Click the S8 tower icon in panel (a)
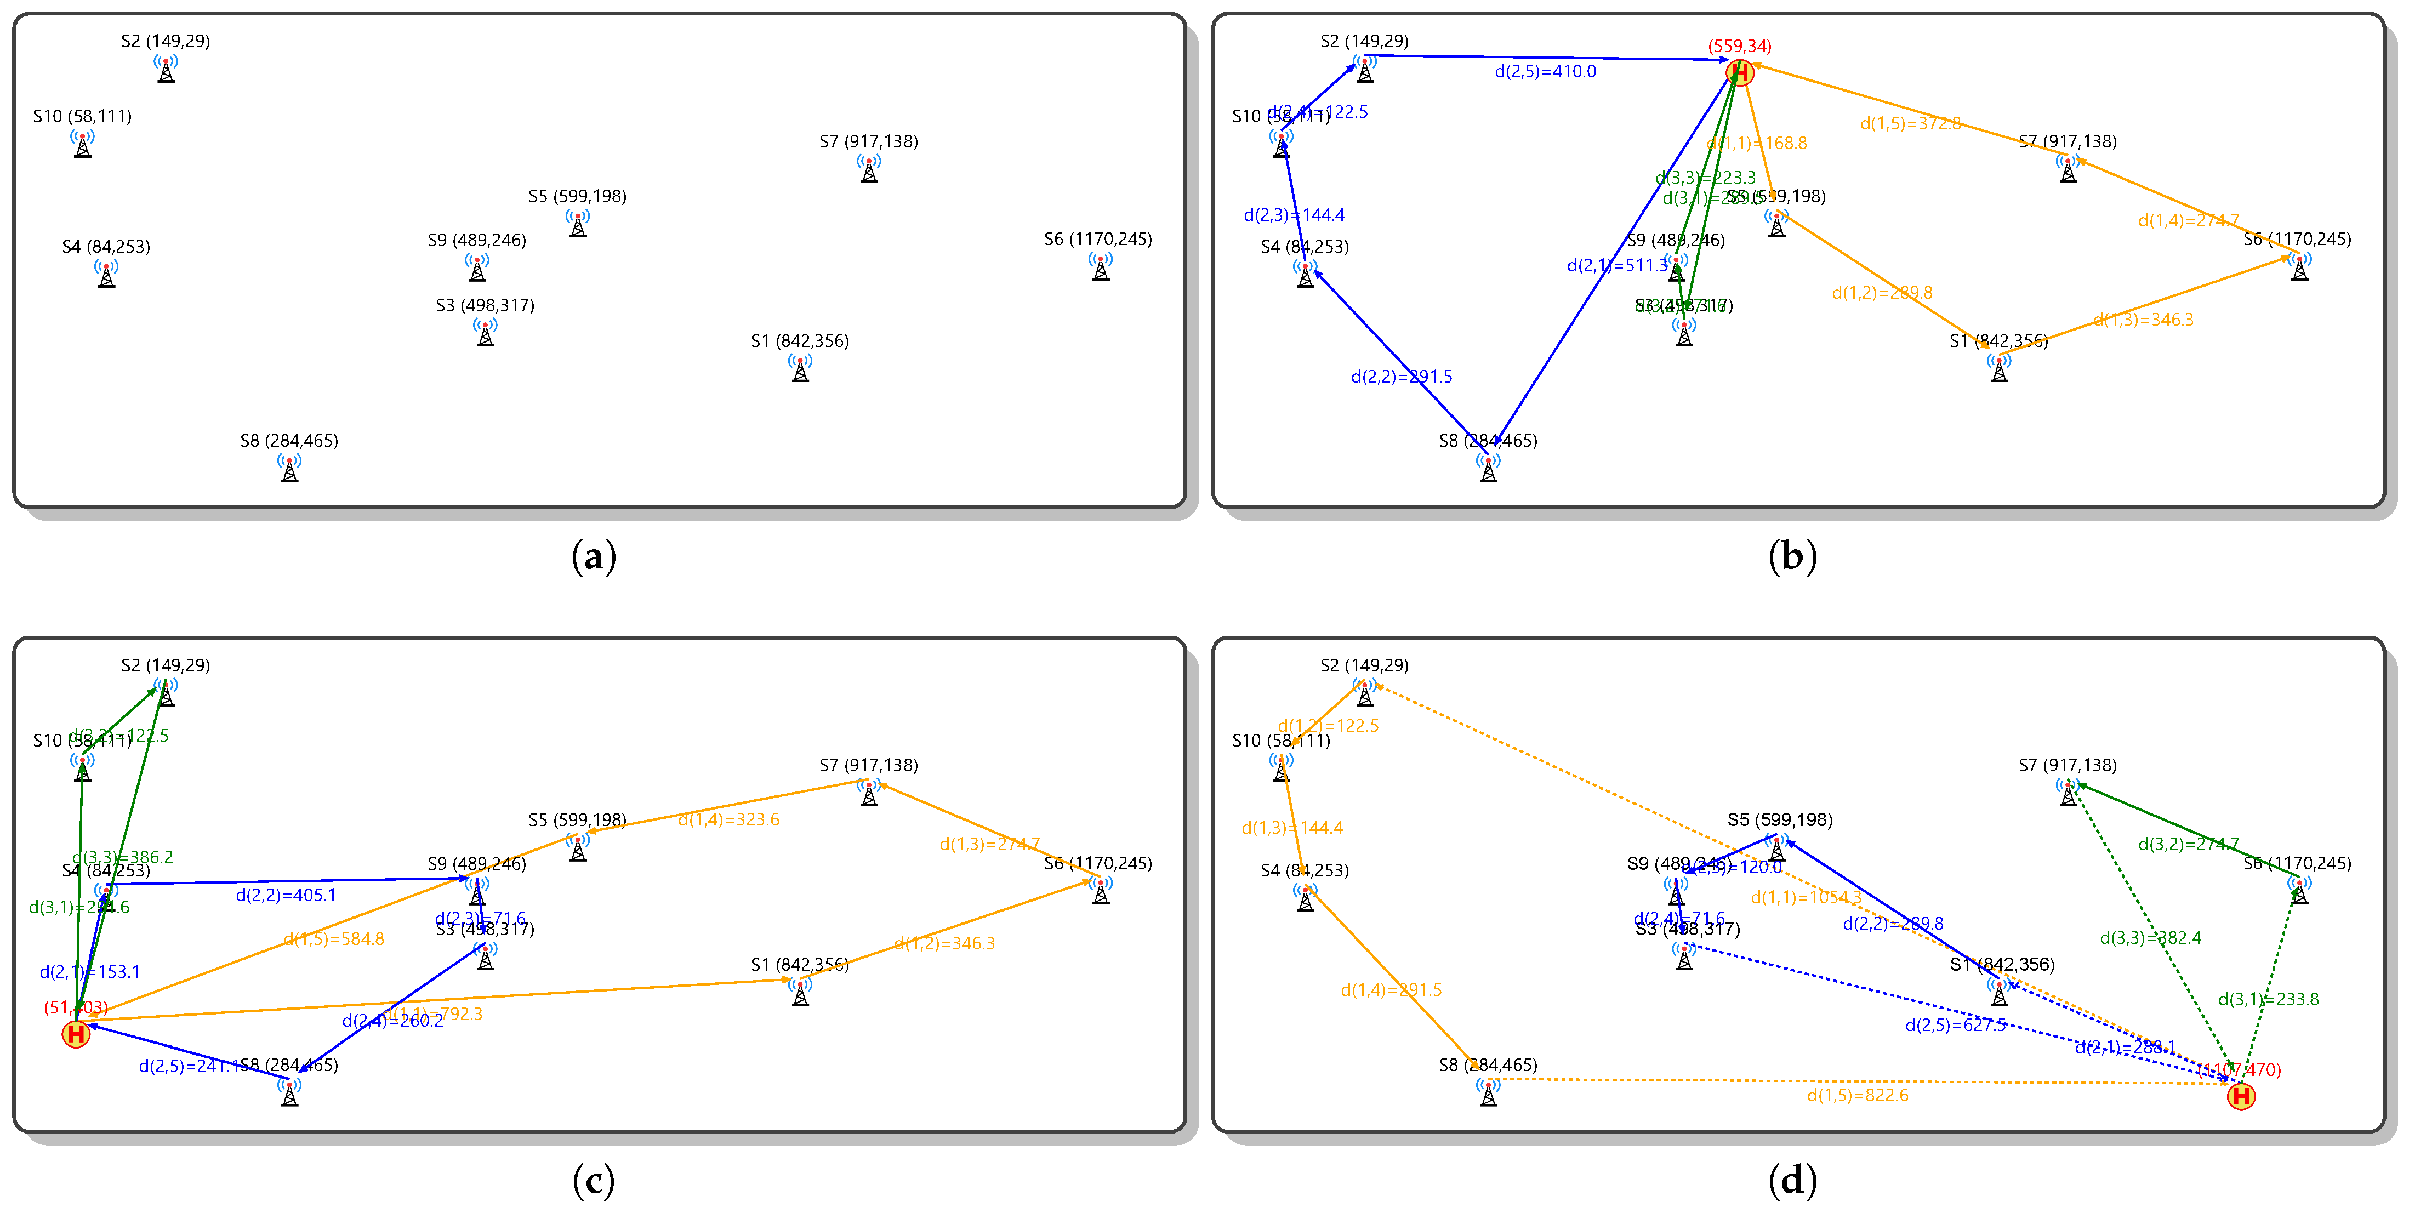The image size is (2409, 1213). (x=290, y=468)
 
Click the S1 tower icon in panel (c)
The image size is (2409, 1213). (x=800, y=992)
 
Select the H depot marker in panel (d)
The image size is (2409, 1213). (x=2241, y=1096)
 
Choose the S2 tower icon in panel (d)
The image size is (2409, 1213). (x=1364, y=693)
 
